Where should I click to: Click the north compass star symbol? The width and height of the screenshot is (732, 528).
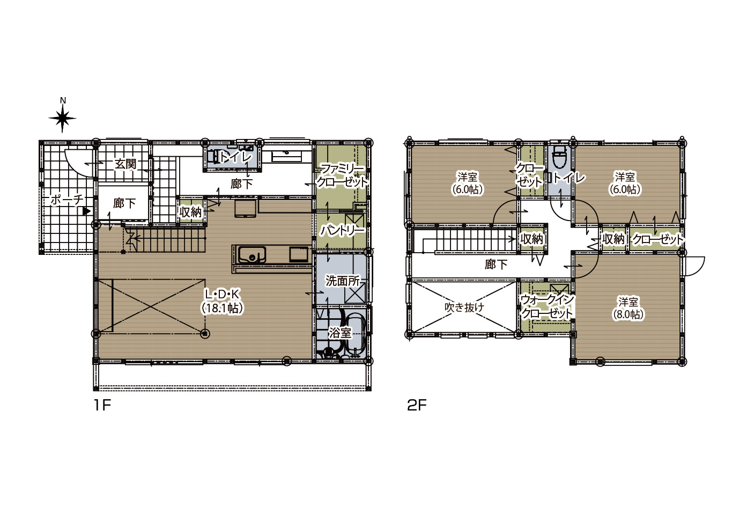[x=62, y=118]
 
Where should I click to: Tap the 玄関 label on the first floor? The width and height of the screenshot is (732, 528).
[x=125, y=164]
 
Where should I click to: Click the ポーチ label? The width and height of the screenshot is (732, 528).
[x=67, y=199]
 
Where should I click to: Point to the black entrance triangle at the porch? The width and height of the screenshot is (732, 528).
[x=86, y=211]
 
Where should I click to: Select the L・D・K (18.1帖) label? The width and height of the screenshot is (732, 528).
[x=223, y=301]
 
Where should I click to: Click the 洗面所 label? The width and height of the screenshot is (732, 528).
[x=342, y=281]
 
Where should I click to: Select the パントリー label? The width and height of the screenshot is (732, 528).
[x=342, y=231]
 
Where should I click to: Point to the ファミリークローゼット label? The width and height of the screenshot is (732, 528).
[x=342, y=175]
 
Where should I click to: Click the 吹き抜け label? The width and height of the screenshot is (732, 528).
[x=464, y=307]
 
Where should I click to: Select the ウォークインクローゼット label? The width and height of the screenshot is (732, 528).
[x=547, y=306]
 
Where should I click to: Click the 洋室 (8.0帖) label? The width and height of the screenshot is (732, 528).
[x=627, y=307]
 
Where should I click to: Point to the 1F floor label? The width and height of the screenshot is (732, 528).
[x=102, y=406]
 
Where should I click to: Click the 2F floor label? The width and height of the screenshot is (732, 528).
[x=417, y=406]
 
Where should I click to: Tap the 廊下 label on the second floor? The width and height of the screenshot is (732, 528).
[x=496, y=264]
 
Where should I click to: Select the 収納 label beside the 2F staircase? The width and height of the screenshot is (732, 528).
[x=531, y=239]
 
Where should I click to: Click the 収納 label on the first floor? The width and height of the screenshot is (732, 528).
[x=190, y=212]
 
